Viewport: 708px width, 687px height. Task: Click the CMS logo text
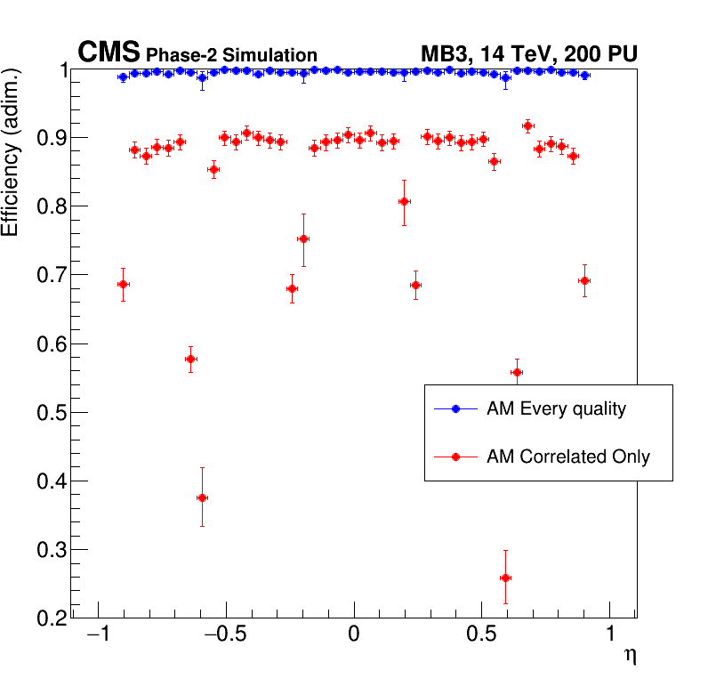(x=109, y=53)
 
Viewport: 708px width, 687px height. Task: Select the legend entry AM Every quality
(x=556, y=409)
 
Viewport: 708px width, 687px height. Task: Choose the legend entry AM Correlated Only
(x=567, y=457)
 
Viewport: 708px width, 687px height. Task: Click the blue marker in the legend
(x=455, y=409)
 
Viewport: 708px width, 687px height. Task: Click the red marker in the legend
(x=455, y=457)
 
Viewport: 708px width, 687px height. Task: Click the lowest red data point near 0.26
(x=505, y=578)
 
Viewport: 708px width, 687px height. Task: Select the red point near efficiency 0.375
(x=202, y=497)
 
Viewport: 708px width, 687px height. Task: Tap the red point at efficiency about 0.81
(x=404, y=201)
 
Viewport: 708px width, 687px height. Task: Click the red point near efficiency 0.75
(x=303, y=238)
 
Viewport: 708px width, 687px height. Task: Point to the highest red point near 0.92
(x=527, y=125)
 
